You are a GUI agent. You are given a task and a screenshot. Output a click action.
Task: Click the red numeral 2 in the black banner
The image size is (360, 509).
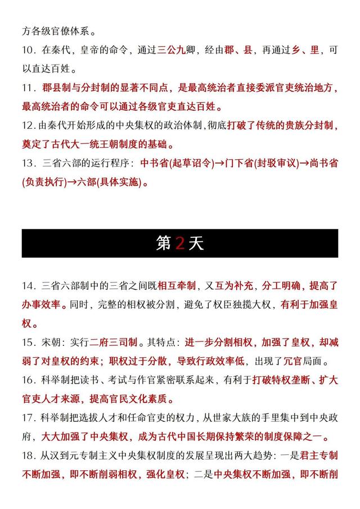tap(180, 243)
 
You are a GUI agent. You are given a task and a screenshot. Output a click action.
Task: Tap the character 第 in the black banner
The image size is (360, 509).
tap(164, 243)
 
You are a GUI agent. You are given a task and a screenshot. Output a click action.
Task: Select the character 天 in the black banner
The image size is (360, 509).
tap(196, 243)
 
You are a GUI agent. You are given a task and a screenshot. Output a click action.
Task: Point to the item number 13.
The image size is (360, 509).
tap(29, 164)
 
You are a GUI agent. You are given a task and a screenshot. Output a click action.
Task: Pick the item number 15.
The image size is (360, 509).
tap(29, 343)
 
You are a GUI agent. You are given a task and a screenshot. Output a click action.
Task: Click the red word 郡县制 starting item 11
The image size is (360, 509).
tap(57, 88)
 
